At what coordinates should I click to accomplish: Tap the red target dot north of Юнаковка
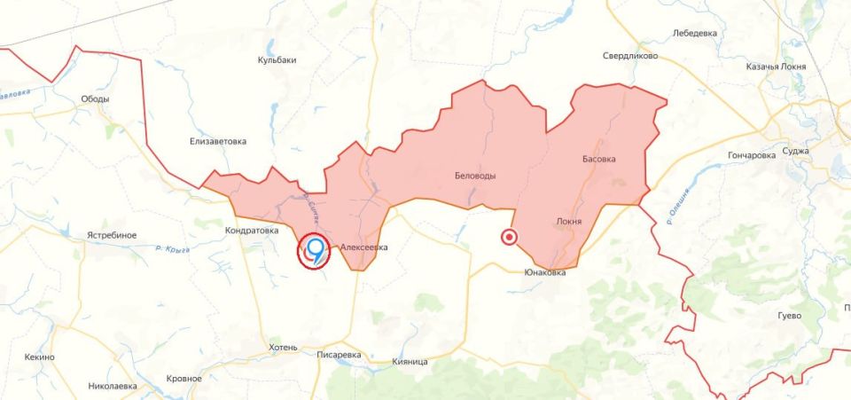pyautogui.click(x=509, y=237)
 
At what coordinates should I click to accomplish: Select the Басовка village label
pyautogui.click(x=598, y=159)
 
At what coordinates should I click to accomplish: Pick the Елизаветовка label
pyautogui.click(x=218, y=141)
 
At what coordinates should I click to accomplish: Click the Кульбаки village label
pyautogui.click(x=277, y=60)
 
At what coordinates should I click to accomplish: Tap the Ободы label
pyautogui.click(x=95, y=99)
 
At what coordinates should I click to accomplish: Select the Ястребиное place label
pyautogui.click(x=112, y=235)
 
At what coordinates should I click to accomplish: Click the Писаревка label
pyautogui.click(x=340, y=355)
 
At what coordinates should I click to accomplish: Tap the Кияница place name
pyautogui.click(x=410, y=362)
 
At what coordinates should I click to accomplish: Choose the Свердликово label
pyautogui.click(x=630, y=55)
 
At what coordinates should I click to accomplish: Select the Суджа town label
pyautogui.click(x=795, y=151)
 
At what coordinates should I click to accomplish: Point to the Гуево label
pyautogui.click(x=789, y=316)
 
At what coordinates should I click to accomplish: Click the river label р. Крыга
pyautogui.click(x=172, y=250)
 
